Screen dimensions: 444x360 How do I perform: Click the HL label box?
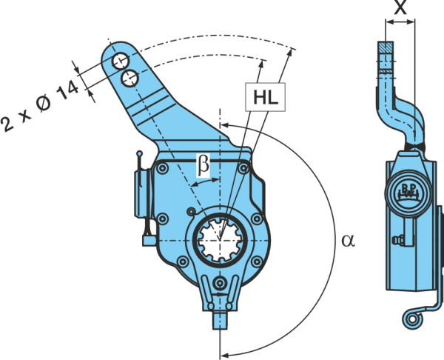click(266, 97)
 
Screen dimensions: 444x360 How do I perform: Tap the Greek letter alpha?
click(348, 241)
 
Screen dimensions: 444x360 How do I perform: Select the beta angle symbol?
click(203, 166)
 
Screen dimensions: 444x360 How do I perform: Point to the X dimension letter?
click(400, 7)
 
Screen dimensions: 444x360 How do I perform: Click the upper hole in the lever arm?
click(121, 61)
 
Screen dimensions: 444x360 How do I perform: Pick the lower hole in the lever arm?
click(129, 79)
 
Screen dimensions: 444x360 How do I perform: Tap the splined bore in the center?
click(220, 240)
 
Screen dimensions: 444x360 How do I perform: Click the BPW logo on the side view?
click(408, 193)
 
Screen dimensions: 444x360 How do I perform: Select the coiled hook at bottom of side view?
click(412, 319)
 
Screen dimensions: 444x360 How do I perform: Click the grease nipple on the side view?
click(397, 241)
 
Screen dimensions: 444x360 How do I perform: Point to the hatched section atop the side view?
click(386, 47)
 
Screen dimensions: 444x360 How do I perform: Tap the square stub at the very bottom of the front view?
click(220, 320)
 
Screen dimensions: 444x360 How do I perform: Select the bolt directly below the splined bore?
click(220, 284)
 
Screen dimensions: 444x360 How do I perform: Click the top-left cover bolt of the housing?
click(162, 169)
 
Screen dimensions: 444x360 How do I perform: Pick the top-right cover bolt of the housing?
click(243, 169)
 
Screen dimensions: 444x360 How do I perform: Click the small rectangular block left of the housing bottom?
click(149, 241)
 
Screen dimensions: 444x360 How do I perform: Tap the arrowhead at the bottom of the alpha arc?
click(226, 355)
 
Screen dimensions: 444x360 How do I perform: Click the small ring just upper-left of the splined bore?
click(192, 211)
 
